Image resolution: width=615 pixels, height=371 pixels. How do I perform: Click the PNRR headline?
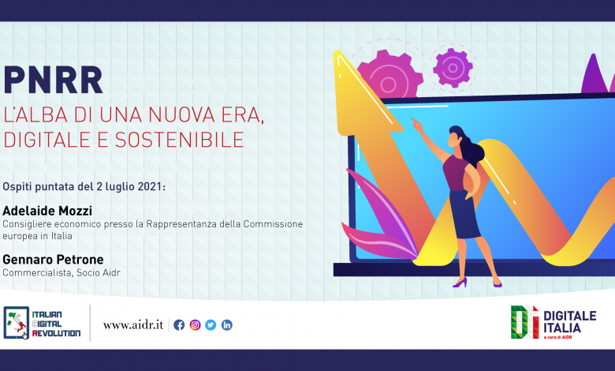[x=53, y=80]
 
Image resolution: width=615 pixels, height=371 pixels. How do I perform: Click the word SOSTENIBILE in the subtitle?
[x=180, y=140]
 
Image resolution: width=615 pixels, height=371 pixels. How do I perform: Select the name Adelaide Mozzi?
[x=47, y=211]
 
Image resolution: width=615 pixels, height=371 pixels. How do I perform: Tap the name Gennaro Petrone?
[x=53, y=260]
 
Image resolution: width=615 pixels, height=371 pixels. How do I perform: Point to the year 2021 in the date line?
[x=150, y=186]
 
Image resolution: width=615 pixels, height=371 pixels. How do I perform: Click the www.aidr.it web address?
[x=133, y=325]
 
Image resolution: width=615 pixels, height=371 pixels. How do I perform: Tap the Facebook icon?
[x=179, y=325]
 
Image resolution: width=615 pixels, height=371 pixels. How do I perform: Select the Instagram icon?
[x=195, y=325]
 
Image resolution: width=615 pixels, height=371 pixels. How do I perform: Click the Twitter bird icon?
[x=211, y=325]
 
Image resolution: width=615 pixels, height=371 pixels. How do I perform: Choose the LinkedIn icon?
[x=227, y=325]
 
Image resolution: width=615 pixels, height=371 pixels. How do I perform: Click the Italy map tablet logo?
[x=16, y=323]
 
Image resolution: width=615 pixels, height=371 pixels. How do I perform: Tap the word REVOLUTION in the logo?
[x=57, y=333]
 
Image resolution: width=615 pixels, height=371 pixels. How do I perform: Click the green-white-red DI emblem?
[x=524, y=322]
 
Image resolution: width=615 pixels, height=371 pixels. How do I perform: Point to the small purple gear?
[x=453, y=68]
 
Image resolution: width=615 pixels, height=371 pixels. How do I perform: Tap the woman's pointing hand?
[x=416, y=125]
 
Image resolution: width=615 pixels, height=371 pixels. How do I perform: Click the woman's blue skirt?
[x=464, y=215]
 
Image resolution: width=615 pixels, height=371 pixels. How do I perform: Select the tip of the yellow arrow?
[x=336, y=52]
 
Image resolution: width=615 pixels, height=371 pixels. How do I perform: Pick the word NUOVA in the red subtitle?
[x=181, y=115]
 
